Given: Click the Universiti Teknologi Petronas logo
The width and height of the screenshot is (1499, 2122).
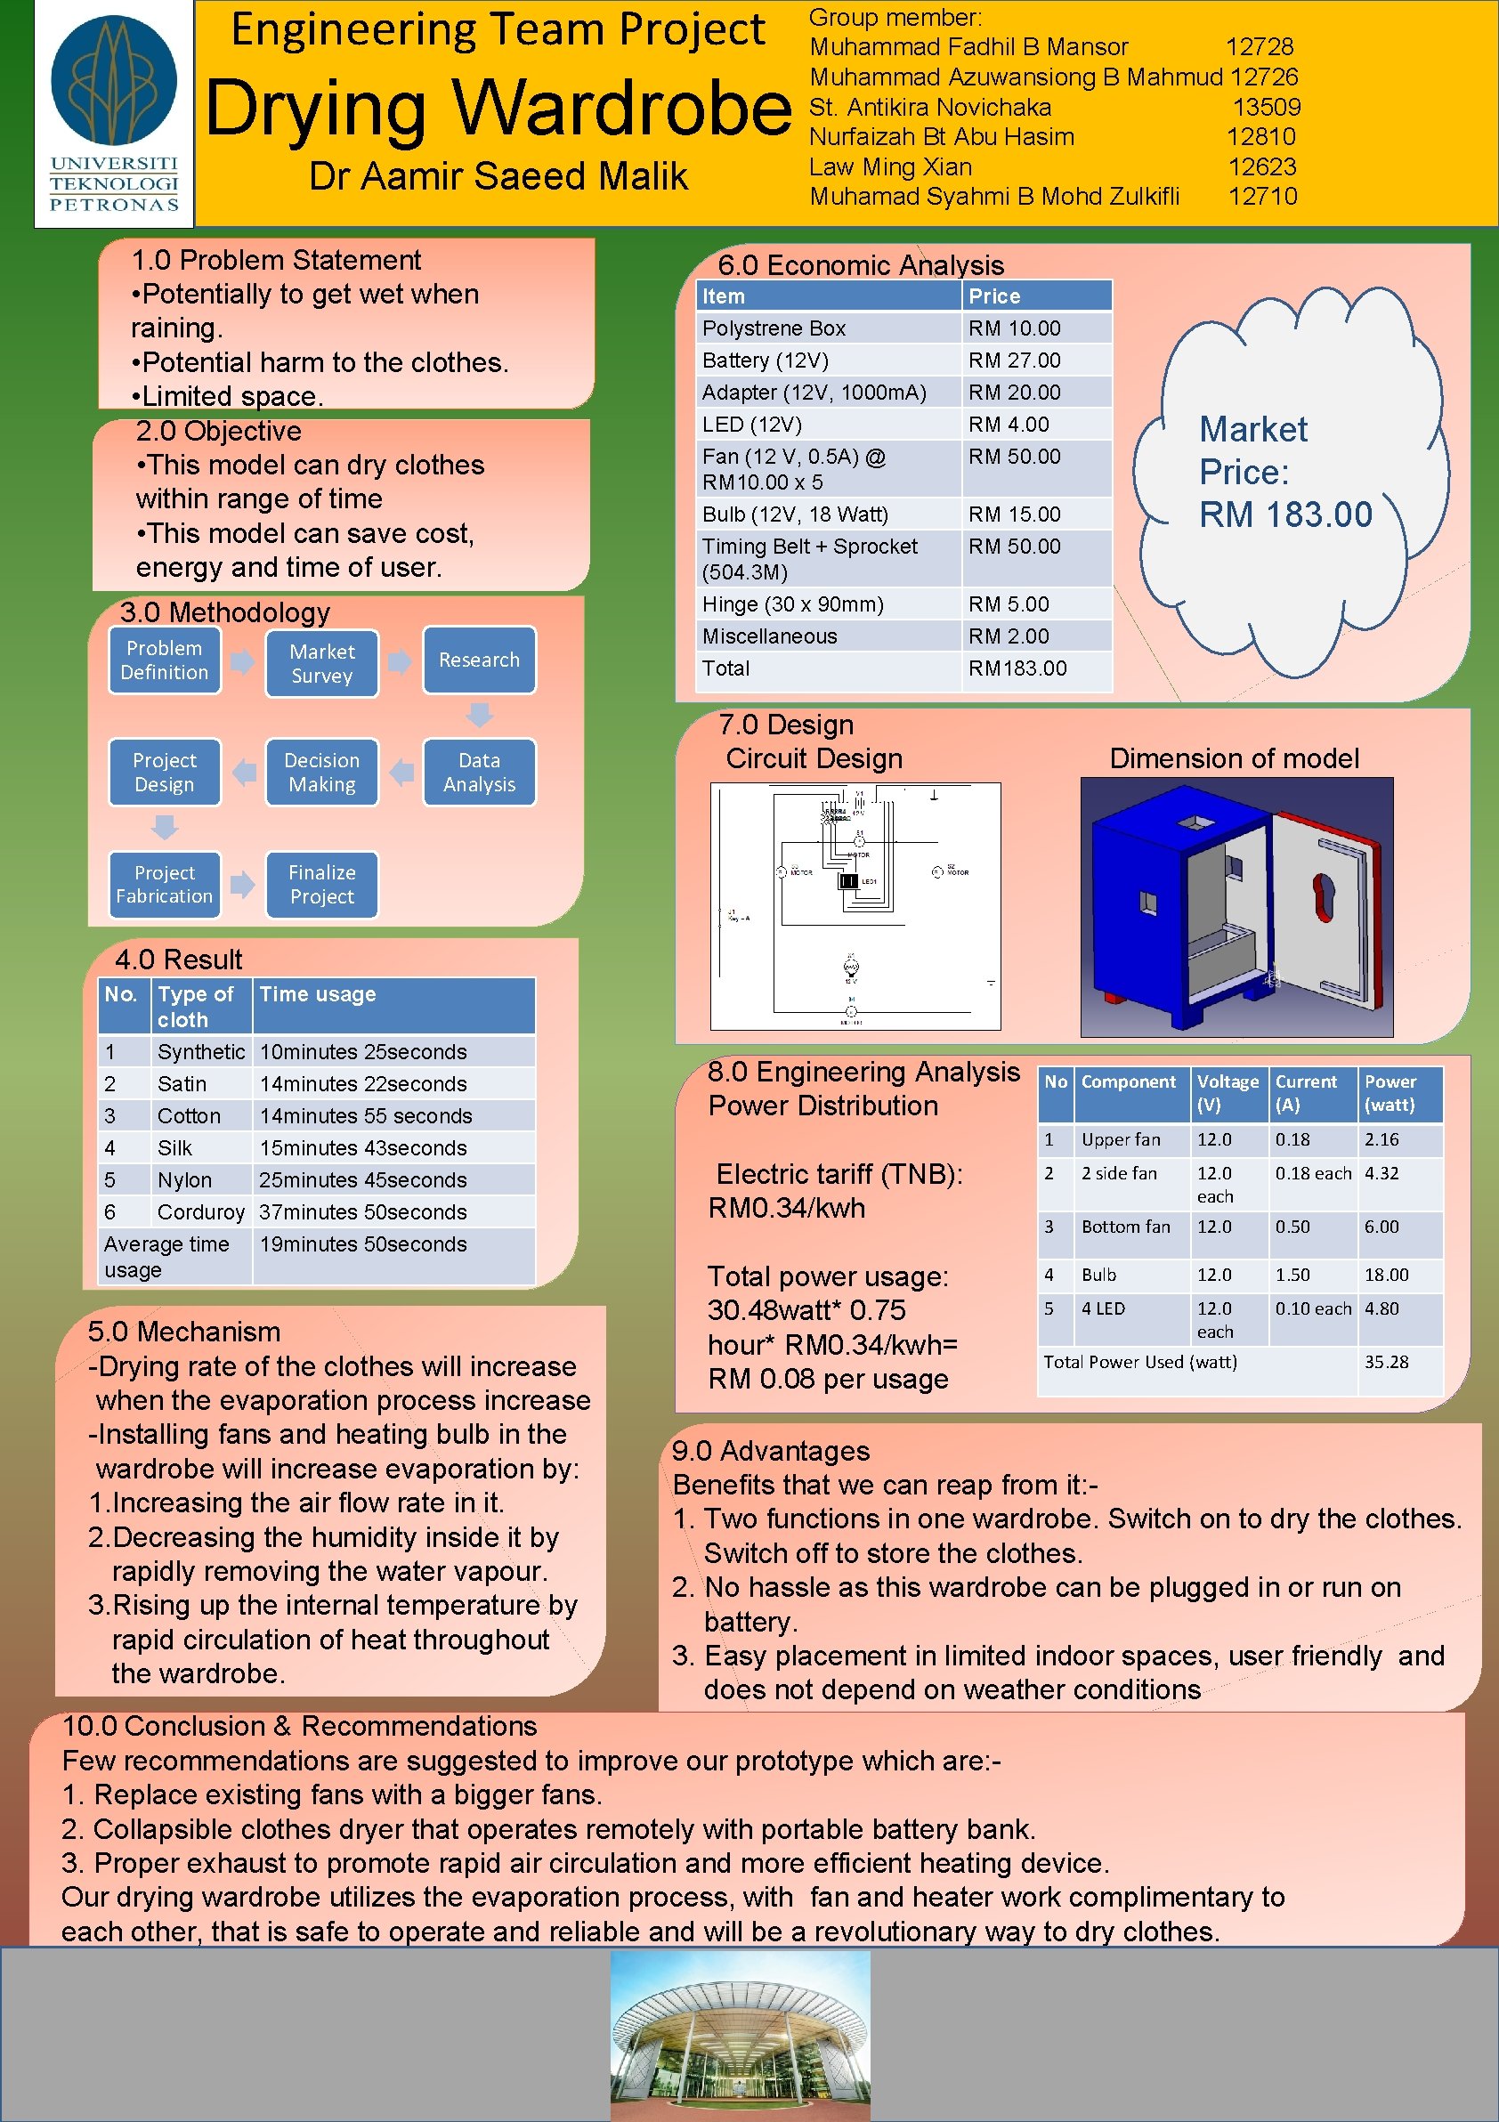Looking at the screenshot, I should coord(114,113).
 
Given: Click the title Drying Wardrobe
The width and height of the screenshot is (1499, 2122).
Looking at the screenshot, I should coord(498,108).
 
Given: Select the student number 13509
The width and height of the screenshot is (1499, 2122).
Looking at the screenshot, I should coord(1266,107).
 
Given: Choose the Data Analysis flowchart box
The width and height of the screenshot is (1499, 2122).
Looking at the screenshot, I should coord(479,772).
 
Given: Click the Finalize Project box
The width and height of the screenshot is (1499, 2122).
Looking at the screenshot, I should coord(321,885).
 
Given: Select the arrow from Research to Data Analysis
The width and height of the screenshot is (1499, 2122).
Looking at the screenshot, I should coord(479,715).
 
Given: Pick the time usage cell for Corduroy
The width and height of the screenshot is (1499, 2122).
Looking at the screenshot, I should coord(363,1211).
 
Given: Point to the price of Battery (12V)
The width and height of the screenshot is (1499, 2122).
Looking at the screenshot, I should coord(1014,360).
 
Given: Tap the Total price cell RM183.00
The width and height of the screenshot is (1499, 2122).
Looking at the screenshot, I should coord(1017,668).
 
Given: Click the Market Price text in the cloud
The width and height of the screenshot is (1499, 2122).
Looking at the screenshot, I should coord(1284,473).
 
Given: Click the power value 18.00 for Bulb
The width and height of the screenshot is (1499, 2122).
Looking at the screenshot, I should coord(1386,1275).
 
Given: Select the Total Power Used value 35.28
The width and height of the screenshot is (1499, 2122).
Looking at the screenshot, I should coord(1386,1361).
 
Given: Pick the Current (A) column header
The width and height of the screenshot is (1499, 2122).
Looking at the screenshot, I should coord(1306,1092).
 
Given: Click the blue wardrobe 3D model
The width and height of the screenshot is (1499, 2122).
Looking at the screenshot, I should coord(1236,907).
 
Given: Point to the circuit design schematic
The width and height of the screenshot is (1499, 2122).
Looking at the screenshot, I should coord(855,906).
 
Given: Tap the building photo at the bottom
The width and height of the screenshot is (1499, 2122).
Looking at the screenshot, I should coord(740,2034).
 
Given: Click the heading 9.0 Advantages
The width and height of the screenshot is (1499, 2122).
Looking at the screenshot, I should coord(771,1451).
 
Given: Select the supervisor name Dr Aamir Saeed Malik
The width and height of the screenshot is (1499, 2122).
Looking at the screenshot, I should coord(498,176).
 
